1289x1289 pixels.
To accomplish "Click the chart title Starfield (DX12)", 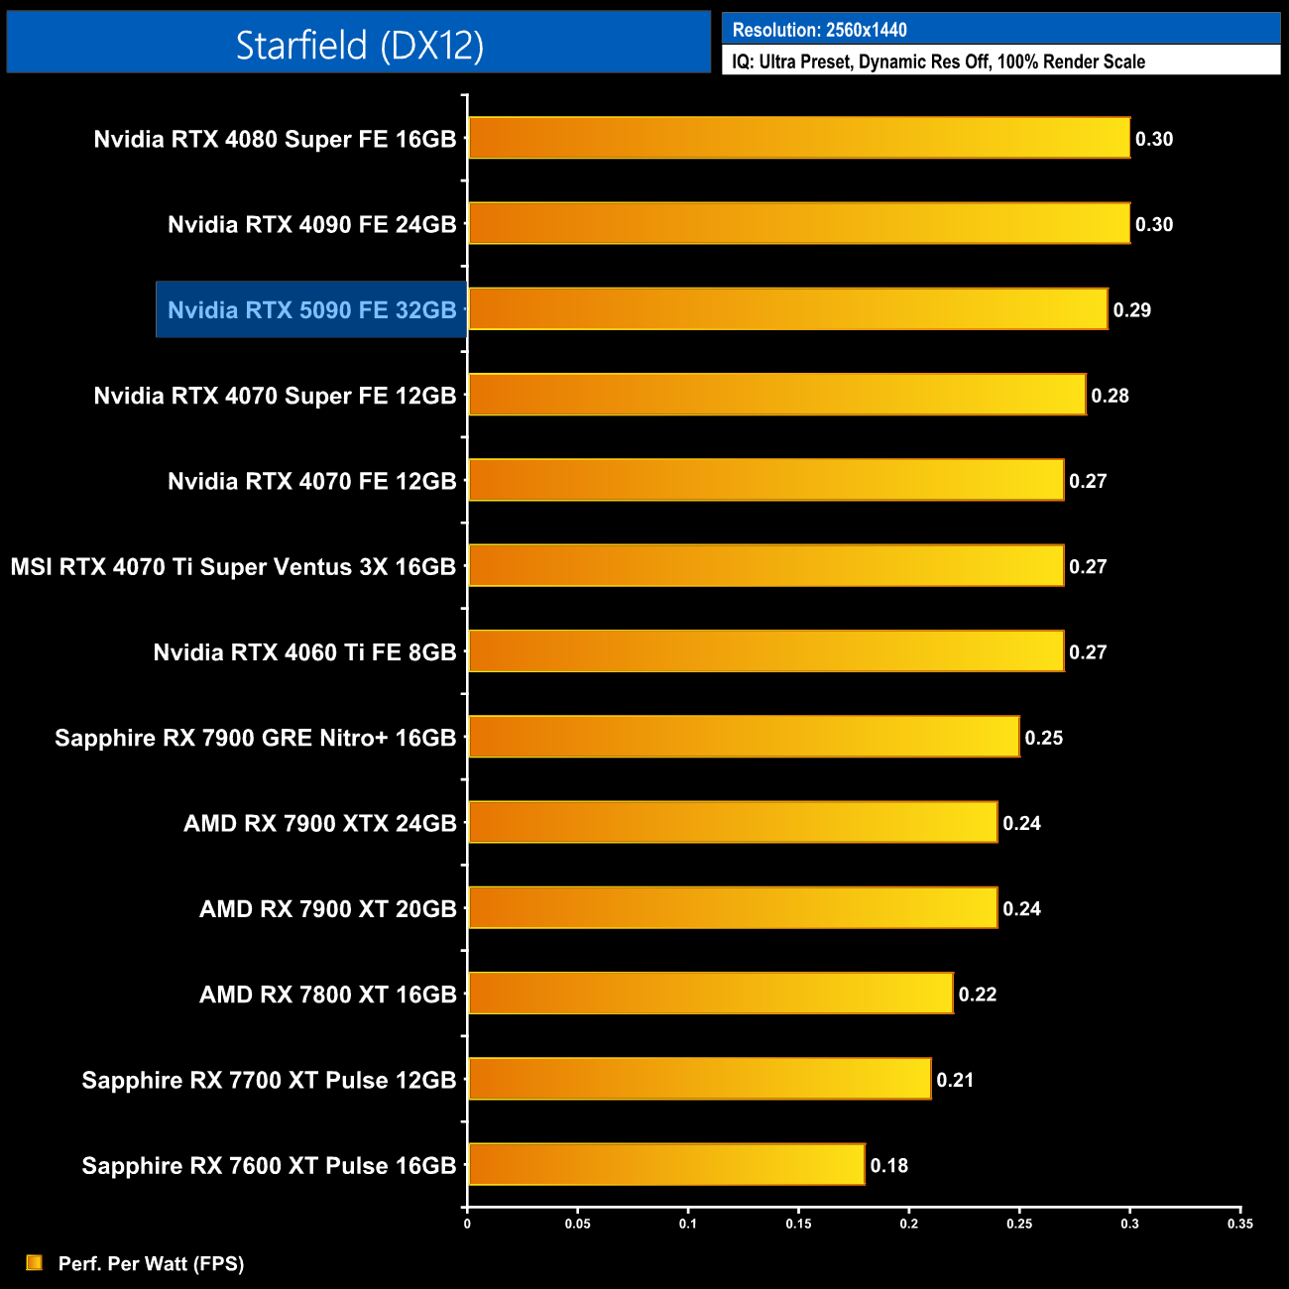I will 359,45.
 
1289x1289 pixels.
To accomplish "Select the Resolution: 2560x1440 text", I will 819,30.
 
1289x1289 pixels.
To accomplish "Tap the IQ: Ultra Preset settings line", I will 938,61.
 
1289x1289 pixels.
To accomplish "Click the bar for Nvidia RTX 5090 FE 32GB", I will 787,309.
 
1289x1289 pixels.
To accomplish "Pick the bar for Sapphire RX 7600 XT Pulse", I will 666,1164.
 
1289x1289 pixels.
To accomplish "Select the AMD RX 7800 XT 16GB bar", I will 710,994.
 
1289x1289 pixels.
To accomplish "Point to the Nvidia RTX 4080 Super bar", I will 798,138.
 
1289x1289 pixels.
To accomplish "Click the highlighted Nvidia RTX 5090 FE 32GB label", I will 311,309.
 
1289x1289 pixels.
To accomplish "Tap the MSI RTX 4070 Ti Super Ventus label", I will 233,566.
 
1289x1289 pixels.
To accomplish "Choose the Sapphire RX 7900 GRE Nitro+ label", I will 256,738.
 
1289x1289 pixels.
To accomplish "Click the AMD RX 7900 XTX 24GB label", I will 320,823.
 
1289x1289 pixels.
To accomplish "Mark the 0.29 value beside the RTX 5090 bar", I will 1131,310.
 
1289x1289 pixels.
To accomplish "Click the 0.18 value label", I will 888,1165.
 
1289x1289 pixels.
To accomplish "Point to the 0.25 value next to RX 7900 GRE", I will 1043,738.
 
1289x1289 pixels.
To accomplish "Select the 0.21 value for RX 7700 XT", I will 955,1080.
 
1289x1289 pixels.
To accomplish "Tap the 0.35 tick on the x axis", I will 1239,1224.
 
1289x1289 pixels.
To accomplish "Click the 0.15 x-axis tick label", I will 798,1224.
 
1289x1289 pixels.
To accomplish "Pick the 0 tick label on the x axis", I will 467,1224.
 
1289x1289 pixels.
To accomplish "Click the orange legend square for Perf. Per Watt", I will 35,1262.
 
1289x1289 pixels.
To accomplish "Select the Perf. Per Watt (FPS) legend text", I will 151,1263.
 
